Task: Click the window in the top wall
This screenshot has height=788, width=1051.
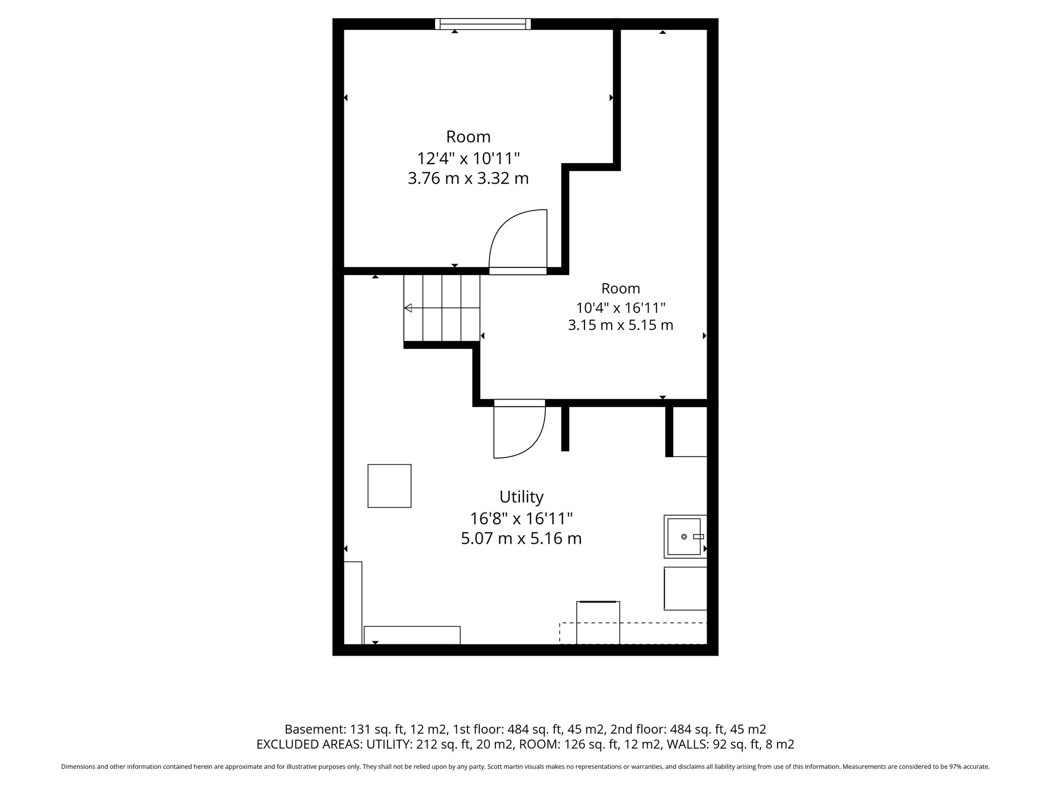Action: pyautogui.click(x=483, y=24)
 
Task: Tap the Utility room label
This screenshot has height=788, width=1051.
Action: pyautogui.click(x=521, y=497)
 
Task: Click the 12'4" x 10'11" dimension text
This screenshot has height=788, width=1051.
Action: pyautogui.click(x=469, y=158)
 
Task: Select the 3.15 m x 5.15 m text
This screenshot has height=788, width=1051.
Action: pyautogui.click(x=620, y=325)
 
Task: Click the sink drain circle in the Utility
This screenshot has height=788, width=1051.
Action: pyautogui.click(x=684, y=537)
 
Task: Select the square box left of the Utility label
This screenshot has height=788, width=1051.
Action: pyautogui.click(x=390, y=486)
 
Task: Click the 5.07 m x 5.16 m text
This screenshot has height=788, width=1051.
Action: pyautogui.click(x=521, y=539)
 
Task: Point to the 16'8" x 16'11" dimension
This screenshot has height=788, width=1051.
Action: pyautogui.click(x=521, y=519)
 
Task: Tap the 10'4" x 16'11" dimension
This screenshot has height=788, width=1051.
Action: pyautogui.click(x=620, y=308)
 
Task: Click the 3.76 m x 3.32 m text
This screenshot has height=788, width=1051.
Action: pyautogui.click(x=469, y=179)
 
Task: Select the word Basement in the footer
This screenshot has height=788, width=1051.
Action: pyautogui.click(x=315, y=729)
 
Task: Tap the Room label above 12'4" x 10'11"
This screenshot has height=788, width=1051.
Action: pyautogui.click(x=469, y=137)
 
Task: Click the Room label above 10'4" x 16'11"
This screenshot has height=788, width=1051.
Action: pyautogui.click(x=620, y=288)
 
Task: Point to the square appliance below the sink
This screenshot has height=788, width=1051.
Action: pyautogui.click(x=686, y=588)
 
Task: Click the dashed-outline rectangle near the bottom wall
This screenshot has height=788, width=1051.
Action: pyautogui.click(x=633, y=633)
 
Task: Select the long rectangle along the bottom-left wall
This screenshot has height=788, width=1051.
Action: pyautogui.click(x=412, y=635)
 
